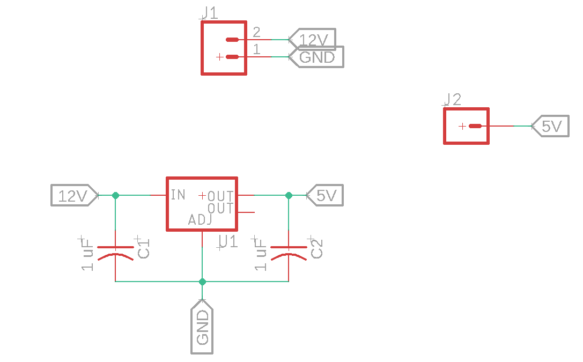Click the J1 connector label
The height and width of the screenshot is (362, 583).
click(210, 13)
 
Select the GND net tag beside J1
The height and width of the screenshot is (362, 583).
click(316, 57)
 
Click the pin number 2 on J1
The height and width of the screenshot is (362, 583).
click(256, 32)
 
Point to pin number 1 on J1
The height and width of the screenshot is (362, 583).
click(256, 50)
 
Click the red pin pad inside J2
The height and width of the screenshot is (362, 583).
click(475, 126)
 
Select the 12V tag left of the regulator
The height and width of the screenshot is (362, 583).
click(74, 196)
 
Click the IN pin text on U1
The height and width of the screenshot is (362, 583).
click(178, 194)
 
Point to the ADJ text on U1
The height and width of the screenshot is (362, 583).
click(200, 219)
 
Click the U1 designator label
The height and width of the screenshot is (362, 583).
click(227, 242)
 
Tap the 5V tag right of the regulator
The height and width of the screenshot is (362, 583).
click(325, 196)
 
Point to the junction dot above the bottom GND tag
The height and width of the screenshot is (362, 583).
click(202, 282)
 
